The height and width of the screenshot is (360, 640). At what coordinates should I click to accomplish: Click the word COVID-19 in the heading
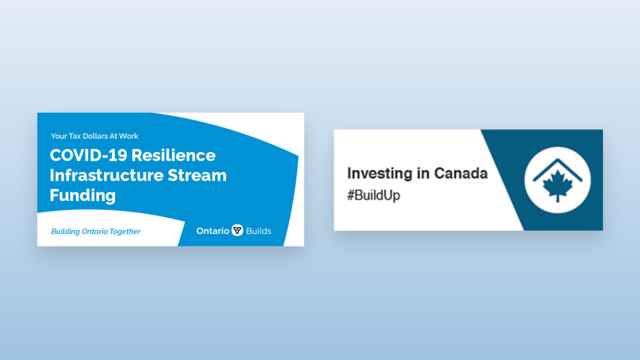(x=88, y=155)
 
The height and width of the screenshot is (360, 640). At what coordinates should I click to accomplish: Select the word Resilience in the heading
(x=173, y=155)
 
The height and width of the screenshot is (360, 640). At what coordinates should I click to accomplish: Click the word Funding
(x=83, y=195)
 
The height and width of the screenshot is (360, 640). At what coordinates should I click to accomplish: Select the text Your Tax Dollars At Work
(x=94, y=136)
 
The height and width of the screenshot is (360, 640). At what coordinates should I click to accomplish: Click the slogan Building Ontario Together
(x=95, y=231)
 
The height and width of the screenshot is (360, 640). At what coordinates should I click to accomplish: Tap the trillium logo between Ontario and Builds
(x=237, y=230)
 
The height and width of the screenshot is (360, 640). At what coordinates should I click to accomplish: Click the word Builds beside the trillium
(x=258, y=231)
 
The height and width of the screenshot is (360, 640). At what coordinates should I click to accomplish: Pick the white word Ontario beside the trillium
(x=213, y=231)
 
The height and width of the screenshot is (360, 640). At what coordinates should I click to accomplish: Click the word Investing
(x=380, y=174)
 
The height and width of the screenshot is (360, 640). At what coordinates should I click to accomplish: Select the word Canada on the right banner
(x=461, y=174)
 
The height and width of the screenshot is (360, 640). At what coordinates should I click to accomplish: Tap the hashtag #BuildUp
(x=373, y=195)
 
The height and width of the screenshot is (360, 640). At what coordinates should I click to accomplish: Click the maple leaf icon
(x=557, y=185)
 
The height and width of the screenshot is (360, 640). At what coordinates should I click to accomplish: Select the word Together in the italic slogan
(x=125, y=231)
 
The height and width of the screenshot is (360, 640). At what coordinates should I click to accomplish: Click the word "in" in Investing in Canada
(x=423, y=174)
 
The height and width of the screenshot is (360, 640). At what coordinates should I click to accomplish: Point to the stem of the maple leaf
(x=557, y=198)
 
